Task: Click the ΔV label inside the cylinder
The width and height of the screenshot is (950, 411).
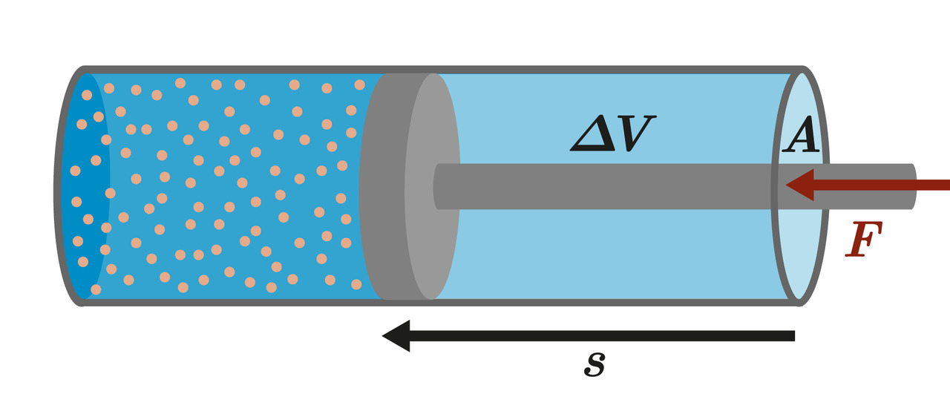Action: pyautogui.click(x=612, y=134)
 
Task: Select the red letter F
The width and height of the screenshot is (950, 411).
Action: pyautogui.click(x=864, y=240)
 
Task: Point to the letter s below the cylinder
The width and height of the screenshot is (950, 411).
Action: pyautogui.click(x=594, y=364)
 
